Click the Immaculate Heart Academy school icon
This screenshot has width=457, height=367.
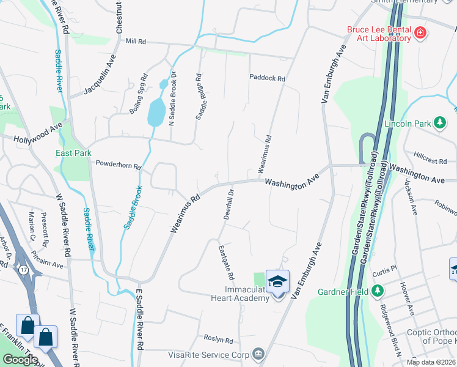click(x=278, y=281)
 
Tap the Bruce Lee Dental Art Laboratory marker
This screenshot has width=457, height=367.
click(x=420, y=33)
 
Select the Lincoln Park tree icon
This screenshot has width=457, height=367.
click(x=439, y=124)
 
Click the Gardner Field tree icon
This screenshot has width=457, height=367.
click(x=378, y=291)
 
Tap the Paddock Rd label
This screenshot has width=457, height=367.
click(x=267, y=78)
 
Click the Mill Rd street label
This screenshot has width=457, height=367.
click(x=135, y=42)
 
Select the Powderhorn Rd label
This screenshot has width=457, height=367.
click(x=119, y=165)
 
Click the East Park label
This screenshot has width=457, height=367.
click(x=72, y=153)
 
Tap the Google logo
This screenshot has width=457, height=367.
click(x=20, y=360)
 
